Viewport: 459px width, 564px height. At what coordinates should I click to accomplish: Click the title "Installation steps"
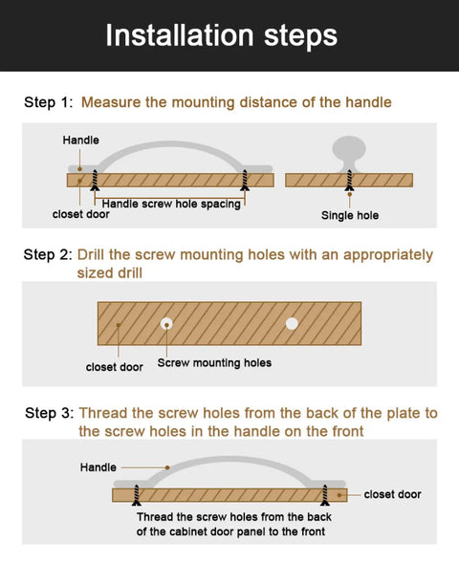(x=221, y=36)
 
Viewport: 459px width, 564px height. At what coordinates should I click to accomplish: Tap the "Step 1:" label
(x=48, y=102)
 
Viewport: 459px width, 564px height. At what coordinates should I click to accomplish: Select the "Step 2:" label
(x=48, y=254)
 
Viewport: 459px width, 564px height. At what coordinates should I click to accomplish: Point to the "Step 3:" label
(x=50, y=413)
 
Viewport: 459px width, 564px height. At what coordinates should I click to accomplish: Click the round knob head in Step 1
(x=349, y=148)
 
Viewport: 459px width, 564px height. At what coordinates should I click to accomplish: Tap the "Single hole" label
(x=350, y=215)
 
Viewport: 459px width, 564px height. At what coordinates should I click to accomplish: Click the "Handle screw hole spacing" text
(x=171, y=204)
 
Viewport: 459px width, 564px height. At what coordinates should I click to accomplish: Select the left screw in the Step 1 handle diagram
(x=95, y=180)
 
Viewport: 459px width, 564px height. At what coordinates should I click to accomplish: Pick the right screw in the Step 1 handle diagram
(x=245, y=180)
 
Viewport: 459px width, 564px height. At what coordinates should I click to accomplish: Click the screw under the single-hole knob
(x=349, y=181)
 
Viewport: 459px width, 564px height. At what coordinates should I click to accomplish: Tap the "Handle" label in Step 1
(x=81, y=140)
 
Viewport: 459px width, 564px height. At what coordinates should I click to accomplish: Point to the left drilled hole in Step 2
(x=166, y=324)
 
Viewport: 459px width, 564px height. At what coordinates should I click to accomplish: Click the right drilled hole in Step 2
(x=292, y=324)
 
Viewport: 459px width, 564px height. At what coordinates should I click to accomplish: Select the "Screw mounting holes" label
(x=214, y=362)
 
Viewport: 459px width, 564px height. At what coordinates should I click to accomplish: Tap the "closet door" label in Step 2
(x=115, y=367)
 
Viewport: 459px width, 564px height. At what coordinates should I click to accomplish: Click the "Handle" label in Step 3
(x=98, y=467)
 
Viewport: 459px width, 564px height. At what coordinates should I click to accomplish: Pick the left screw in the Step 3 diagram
(x=137, y=495)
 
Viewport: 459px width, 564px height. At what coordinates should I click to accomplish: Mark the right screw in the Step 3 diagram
(x=325, y=495)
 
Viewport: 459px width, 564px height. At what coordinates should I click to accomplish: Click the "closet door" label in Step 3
(x=392, y=494)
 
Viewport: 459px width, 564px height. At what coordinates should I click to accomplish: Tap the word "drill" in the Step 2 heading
(x=128, y=272)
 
